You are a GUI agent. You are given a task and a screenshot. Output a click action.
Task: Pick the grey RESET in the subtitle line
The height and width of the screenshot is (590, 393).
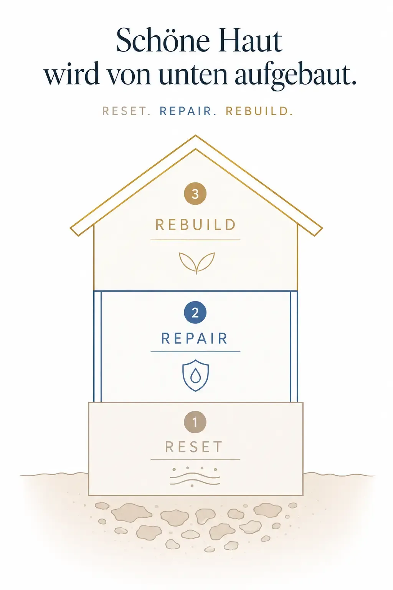[126, 111]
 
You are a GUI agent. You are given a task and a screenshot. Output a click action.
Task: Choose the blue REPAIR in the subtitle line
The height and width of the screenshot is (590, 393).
[188, 111]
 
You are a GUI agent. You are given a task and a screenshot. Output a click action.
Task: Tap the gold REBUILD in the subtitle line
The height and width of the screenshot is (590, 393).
[259, 111]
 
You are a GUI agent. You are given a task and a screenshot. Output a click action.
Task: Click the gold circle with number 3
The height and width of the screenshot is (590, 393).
[195, 194]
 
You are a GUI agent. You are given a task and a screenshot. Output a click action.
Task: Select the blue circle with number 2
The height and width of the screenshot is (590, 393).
[195, 313]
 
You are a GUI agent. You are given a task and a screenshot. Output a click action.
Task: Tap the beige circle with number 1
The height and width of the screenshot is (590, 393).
[195, 422]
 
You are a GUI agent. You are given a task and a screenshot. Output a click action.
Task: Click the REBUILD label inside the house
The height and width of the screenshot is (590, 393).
[195, 225]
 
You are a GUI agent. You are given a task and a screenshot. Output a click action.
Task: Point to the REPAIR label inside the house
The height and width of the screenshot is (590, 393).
[194, 338]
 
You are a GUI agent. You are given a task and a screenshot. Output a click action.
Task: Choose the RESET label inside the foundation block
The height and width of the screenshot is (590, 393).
[194, 447]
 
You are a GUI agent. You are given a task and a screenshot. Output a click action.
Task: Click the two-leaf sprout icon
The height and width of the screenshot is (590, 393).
[196, 263]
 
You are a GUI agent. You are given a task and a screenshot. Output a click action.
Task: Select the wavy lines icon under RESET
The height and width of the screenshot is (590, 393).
[195, 477]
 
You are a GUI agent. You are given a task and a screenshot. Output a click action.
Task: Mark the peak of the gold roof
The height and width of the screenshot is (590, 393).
[195, 135]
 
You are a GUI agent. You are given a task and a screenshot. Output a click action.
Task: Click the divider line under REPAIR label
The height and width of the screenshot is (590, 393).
[195, 351]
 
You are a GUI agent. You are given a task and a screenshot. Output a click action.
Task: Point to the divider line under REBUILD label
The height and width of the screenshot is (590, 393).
[195, 240]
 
